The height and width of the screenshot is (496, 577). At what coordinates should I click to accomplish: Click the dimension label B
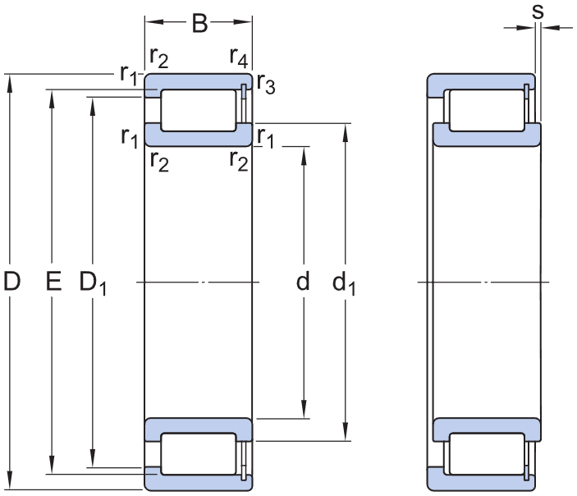199,24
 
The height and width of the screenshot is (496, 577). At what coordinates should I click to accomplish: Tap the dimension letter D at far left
11,282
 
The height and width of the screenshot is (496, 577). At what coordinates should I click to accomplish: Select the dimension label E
53,282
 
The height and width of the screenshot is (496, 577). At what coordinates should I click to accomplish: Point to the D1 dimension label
93,283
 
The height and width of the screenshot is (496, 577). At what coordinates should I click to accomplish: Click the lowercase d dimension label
304,282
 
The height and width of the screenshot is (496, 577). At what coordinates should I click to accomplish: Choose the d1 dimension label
344,283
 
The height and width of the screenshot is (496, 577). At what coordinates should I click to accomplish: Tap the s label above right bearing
538,11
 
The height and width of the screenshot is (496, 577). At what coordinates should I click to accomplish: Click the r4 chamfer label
239,57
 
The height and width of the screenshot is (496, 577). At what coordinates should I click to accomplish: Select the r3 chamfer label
264,82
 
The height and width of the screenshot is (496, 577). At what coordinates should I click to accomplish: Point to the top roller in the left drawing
198,110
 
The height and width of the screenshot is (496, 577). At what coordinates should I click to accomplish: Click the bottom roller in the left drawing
198,453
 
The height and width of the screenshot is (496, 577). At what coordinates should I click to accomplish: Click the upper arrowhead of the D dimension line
11,80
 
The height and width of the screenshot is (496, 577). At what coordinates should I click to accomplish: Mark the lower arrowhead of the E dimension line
53,467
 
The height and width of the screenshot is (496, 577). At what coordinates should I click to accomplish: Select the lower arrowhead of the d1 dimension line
345,434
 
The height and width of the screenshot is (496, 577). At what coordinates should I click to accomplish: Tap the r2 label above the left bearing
158,57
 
